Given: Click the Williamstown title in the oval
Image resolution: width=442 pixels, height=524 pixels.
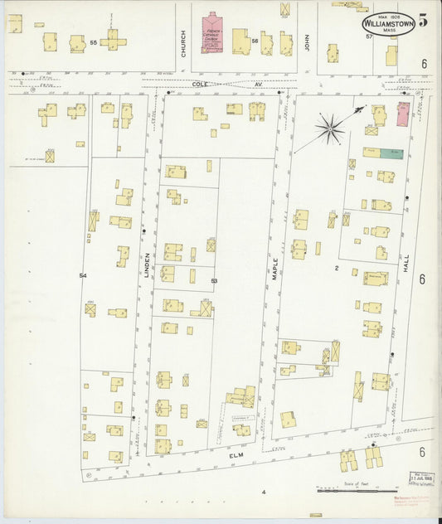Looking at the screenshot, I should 388,24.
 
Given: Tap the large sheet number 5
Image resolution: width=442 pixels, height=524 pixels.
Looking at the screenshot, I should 423,22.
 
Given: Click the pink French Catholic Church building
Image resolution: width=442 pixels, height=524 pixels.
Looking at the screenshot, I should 213,34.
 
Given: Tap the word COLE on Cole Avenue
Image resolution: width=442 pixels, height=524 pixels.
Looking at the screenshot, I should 200,84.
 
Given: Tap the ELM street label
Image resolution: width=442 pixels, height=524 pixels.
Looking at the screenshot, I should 240,455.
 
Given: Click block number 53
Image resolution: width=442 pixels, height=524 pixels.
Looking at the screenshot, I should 214,282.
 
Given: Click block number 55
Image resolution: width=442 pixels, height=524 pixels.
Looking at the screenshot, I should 94,41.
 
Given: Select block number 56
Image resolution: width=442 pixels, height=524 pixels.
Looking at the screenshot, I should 255,40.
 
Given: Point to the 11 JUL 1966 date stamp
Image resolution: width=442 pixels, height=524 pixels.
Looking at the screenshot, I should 421,478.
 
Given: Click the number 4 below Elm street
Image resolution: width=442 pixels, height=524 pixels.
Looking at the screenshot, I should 264,492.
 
